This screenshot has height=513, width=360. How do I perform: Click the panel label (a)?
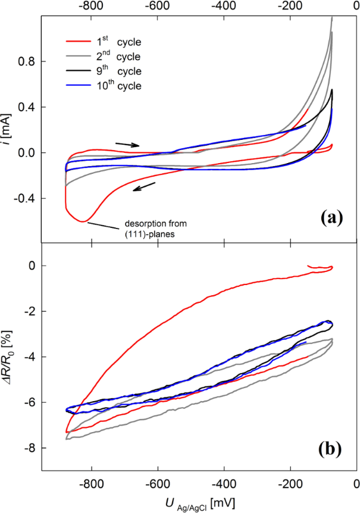coord(331,218)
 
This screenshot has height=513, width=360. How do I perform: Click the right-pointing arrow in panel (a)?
coord(127,144)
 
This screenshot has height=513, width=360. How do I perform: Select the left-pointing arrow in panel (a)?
coord(144,187)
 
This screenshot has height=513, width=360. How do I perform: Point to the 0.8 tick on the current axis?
coord(27,62)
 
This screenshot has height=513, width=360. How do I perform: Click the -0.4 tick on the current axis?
coord(26,198)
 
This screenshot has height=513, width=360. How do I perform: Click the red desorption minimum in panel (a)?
coord(83,221)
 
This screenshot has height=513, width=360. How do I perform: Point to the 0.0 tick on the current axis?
coord(27,153)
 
